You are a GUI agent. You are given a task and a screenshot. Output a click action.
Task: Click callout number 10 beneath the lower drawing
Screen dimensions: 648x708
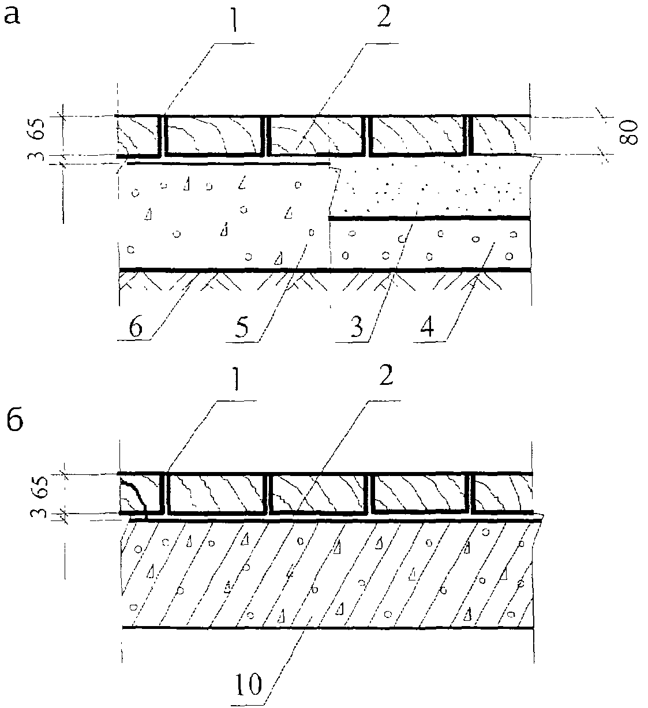click(249, 684)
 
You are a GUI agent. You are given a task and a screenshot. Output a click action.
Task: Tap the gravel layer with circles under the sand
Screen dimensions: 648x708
click(430, 245)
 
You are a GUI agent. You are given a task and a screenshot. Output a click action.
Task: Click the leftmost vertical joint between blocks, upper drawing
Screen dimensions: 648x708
click(162, 136)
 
